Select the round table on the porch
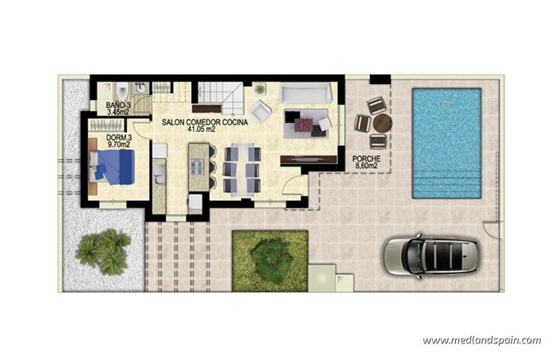click(x=382, y=123)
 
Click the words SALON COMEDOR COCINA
click(x=205, y=122)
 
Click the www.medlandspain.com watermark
click(x=481, y=341)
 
